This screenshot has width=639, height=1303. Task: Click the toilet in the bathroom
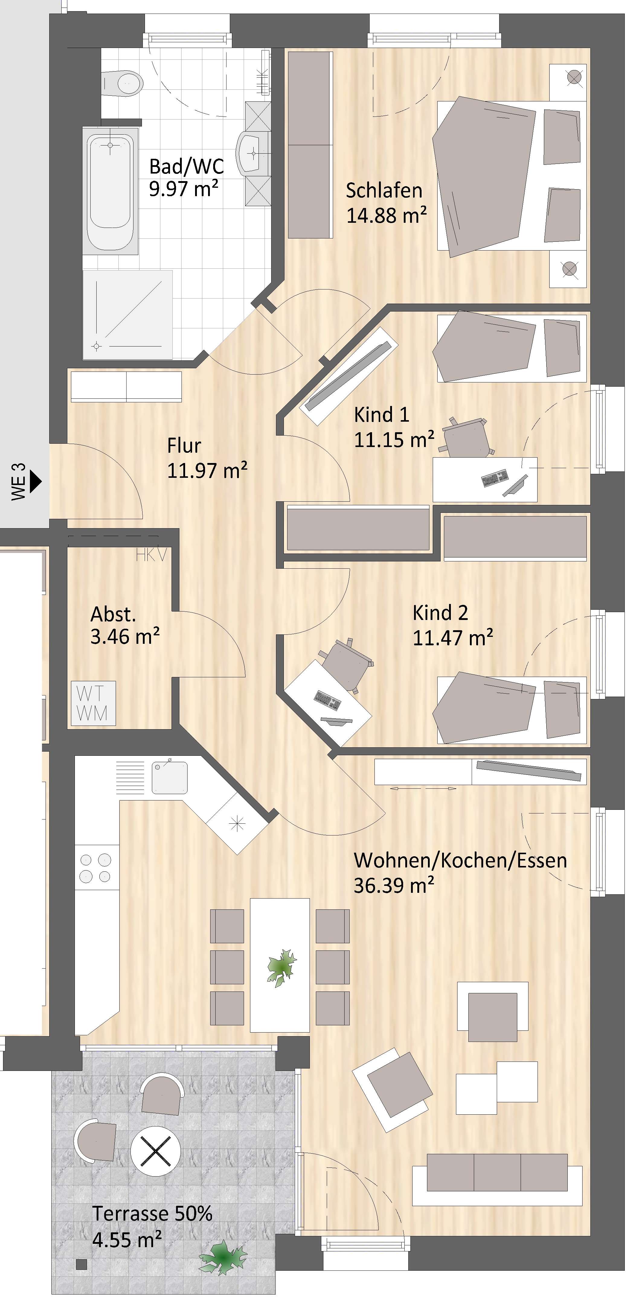point(121,82)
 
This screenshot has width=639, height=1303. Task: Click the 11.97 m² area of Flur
point(207,471)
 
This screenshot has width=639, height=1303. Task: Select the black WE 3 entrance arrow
point(35,481)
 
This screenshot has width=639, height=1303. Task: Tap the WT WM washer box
point(93,703)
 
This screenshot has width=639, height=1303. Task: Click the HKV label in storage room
point(151,555)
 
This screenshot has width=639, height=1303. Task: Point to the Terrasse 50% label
point(152,1213)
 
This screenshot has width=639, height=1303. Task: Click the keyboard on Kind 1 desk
point(495,477)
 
